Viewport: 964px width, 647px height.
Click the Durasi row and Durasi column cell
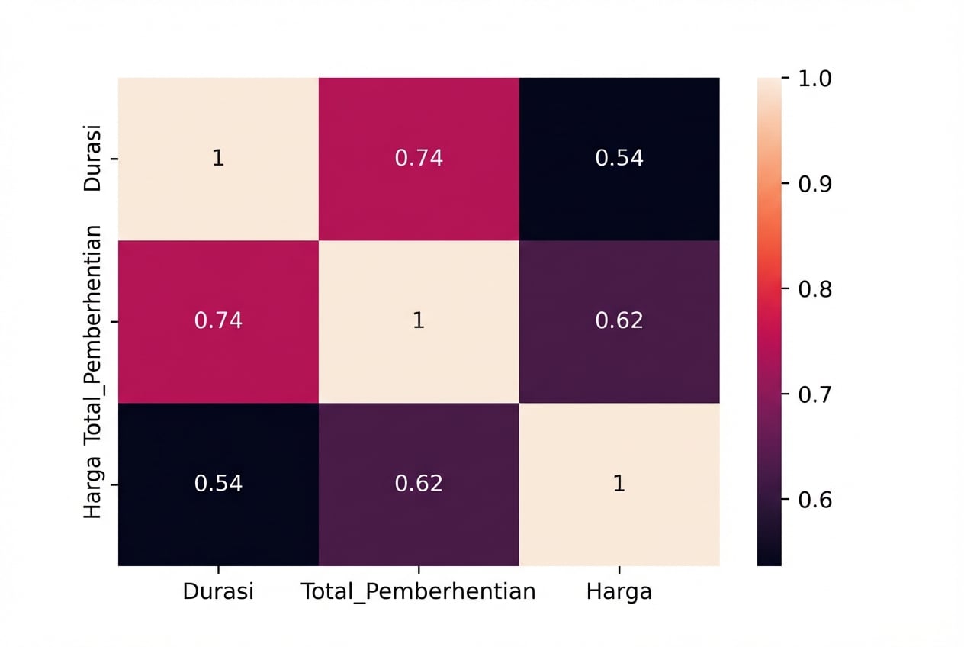tap(218, 159)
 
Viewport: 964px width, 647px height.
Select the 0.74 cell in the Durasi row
tap(419, 159)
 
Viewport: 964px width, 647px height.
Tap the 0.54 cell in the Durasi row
tap(619, 159)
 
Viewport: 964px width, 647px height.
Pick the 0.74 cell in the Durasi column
tap(218, 321)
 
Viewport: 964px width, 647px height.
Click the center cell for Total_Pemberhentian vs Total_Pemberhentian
tap(419, 321)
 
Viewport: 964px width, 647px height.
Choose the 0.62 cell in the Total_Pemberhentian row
tap(619, 321)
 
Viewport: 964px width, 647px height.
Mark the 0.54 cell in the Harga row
tap(218, 484)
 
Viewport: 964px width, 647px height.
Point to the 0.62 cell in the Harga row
tap(419, 484)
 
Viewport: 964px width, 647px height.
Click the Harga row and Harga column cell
tap(619, 484)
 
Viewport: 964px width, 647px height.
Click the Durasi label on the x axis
tap(218, 592)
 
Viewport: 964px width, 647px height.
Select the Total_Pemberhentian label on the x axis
tap(419, 592)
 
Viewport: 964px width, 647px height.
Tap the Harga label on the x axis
tap(619, 592)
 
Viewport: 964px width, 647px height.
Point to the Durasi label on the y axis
tap(92, 159)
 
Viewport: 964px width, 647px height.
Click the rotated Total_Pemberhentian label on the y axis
tap(92, 336)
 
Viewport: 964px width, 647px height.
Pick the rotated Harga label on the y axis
tap(92, 487)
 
